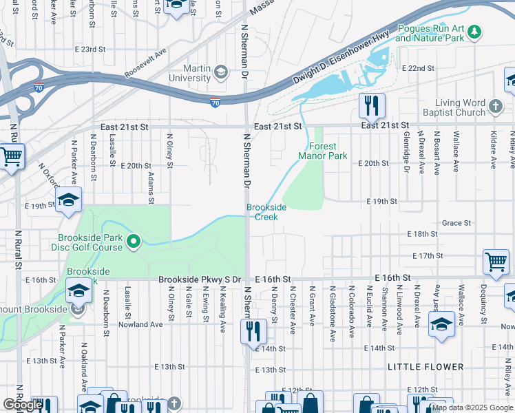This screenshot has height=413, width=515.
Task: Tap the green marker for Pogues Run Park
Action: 475,32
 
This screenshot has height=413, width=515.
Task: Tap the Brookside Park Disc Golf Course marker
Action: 135,241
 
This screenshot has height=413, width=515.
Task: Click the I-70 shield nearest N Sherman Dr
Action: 216,102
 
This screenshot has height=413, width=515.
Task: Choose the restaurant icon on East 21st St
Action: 371,105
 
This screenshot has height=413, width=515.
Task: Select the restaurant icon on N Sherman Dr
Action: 253,331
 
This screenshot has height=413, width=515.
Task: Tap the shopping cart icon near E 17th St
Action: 495,262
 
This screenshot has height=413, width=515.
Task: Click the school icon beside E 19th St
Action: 68,200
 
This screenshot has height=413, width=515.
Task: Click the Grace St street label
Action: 456,223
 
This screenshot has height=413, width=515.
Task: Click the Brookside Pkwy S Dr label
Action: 199,279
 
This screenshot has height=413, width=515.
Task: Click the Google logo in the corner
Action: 23,405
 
